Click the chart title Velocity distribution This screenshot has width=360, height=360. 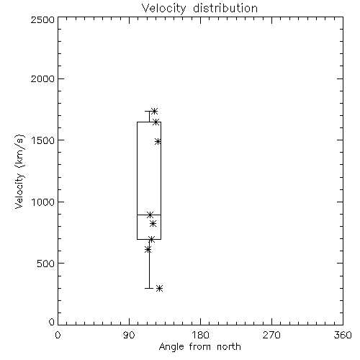tap(199, 9)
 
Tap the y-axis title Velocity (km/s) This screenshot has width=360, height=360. tap(19, 171)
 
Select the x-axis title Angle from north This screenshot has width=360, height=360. tap(199, 347)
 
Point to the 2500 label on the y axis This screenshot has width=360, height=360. tap(42, 19)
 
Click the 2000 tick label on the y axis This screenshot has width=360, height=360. tap(42, 79)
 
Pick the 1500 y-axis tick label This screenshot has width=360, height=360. tap(43, 140)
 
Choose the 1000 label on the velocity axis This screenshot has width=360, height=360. tap(43, 202)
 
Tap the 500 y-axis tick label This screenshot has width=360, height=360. tap(46, 264)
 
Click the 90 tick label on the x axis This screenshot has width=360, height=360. tap(129, 335)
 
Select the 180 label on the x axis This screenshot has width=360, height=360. tap(200, 335)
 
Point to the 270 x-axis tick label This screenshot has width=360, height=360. tap(271, 335)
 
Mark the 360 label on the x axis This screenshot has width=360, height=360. tap(343, 335)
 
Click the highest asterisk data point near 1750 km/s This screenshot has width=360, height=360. tap(154, 111)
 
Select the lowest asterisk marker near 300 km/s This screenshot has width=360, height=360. tap(160, 288)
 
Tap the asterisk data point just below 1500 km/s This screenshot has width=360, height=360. tap(158, 141)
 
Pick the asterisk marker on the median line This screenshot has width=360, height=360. tap(150, 215)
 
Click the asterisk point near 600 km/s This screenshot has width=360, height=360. tap(148, 250)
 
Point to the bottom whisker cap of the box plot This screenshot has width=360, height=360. tap(149, 288)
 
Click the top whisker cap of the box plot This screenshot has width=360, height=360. tap(149, 111)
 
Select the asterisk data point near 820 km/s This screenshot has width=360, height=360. tap(153, 224)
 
